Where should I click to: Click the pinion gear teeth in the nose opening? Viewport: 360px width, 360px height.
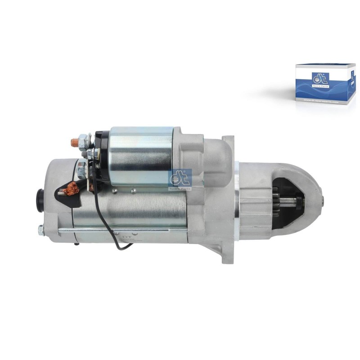[276, 202]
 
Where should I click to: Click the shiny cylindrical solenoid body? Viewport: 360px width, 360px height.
[142, 155]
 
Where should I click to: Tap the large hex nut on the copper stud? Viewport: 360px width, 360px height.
[84, 141]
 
